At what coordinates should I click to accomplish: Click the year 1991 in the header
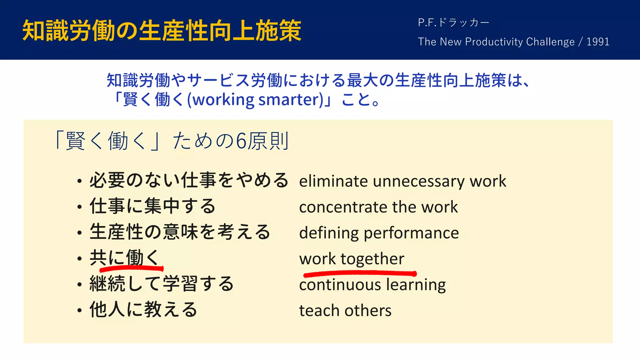598,42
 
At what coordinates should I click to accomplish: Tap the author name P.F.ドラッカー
453,23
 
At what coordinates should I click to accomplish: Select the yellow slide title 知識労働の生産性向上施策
162,31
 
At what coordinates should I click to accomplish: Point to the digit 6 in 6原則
241,141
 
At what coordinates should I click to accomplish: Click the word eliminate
333,182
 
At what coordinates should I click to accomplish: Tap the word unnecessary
418,182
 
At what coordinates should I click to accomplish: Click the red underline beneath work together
359,274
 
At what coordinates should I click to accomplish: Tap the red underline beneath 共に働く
131,268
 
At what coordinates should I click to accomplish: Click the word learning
416,285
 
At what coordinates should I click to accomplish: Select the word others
368,311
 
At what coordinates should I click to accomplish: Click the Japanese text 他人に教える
143,310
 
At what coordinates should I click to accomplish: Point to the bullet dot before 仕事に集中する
80,207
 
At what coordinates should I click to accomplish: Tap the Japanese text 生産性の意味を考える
180,232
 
